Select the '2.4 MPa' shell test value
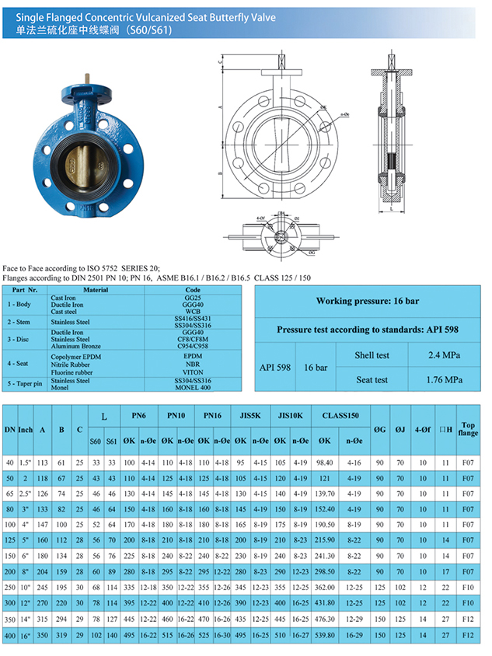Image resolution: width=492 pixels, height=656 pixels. (444, 355)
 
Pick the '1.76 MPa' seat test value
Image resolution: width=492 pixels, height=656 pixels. (444, 379)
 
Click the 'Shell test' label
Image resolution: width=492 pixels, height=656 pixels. (372, 355)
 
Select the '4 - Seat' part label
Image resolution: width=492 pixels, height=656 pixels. (22, 363)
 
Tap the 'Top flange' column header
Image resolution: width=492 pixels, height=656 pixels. (468, 426)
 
